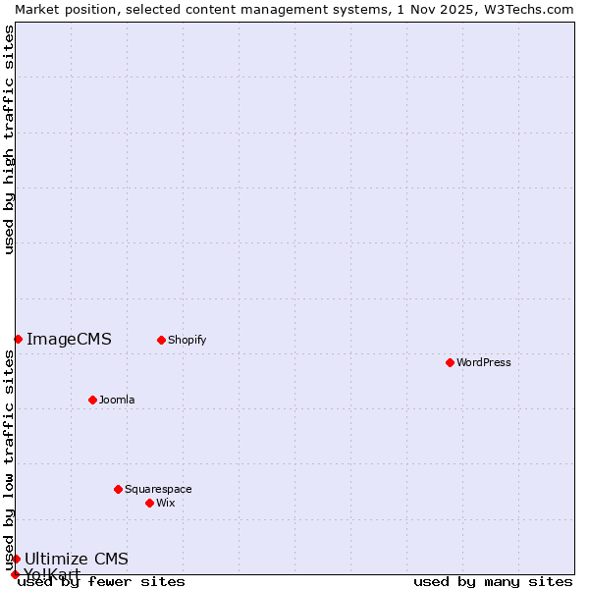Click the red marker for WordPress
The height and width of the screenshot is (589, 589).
click(450, 362)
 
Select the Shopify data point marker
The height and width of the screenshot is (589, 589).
click(161, 340)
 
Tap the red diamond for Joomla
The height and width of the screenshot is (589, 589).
click(92, 400)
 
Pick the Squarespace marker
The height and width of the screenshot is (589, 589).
click(118, 489)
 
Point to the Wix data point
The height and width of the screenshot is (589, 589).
click(149, 503)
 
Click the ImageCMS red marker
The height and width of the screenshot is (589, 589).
click(18, 339)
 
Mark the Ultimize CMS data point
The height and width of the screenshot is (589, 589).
click(16, 559)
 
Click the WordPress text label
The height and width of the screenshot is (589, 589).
click(484, 362)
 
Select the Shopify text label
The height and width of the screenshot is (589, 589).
click(187, 340)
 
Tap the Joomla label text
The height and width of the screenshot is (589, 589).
click(117, 400)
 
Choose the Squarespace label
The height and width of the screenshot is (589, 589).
click(158, 489)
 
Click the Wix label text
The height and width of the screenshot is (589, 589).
click(166, 503)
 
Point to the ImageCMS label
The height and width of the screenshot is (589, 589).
click(69, 340)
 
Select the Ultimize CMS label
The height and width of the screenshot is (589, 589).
click(77, 560)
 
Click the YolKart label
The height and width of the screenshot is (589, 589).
click(52, 574)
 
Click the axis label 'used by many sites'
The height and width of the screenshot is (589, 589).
click(493, 582)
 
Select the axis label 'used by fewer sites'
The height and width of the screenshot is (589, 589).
click(101, 582)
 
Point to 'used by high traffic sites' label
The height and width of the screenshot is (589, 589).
click(10, 139)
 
